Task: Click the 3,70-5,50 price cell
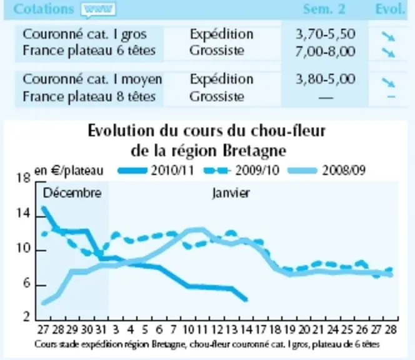(x=325, y=34)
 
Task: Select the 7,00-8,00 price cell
(x=325, y=51)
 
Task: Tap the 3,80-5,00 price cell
(x=325, y=79)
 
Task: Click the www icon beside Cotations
(x=99, y=10)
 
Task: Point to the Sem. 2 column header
(x=324, y=9)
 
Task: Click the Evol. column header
(x=391, y=9)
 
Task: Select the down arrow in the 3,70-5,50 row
(x=388, y=36)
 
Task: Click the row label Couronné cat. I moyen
(x=92, y=79)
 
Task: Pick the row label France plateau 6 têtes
(x=89, y=51)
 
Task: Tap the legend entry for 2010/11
(x=156, y=171)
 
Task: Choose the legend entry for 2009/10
(x=242, y=171)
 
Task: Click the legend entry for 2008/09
(x=327, y=171)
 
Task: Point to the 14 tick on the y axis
(x=24, y=213)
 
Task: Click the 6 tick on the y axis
(x=26, y=283)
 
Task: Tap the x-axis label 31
(x=101, y=330)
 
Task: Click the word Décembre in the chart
(x=72, y=193)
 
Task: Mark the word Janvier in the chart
(x=231, y=194)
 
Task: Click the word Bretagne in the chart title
(x=254, y=151)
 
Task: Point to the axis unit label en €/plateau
(x=69, y=171)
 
